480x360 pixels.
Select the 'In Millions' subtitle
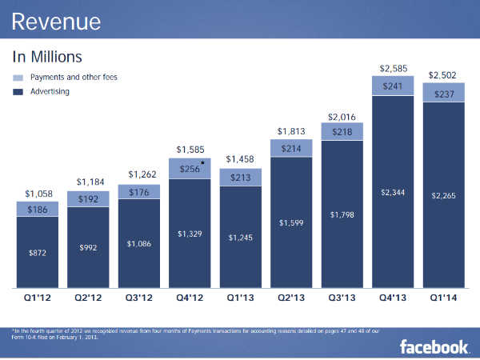(x=48, y=58)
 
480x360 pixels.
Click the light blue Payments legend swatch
(x=18, y=78)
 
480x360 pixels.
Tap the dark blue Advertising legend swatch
(x=18, y=92)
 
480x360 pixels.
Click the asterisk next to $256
(x=202, y=163)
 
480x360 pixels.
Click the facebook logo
(x=434, y=346)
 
